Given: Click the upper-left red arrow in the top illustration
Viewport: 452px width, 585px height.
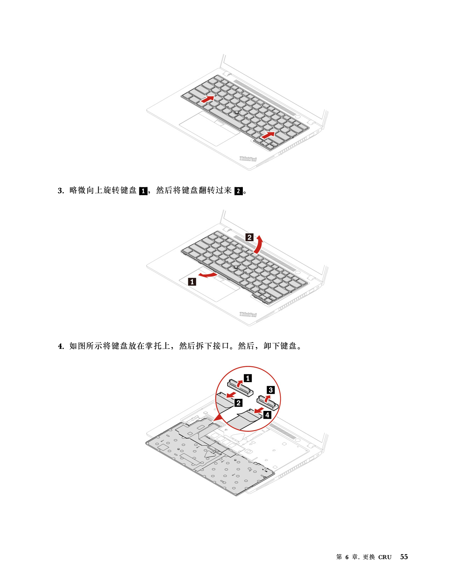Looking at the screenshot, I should point(207,99).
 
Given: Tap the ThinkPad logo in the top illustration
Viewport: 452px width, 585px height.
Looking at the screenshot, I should point(248,159).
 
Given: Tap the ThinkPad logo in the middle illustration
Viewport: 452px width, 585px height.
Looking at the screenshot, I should point(248,314).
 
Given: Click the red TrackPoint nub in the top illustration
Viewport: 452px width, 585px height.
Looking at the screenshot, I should point(236,112).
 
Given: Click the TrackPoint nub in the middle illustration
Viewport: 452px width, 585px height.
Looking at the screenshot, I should point(236,266).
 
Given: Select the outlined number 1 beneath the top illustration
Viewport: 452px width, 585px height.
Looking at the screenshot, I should point(143,191).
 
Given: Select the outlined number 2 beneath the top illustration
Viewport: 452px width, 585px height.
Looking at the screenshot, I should point(239,191).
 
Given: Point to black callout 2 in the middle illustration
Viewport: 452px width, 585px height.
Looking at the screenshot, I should point(250,237).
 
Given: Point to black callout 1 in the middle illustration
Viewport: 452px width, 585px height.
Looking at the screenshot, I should point(192,282).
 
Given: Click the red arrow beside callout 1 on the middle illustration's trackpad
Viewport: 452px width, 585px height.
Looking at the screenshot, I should point(208,275).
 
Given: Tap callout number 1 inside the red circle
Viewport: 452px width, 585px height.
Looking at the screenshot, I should point(248,378).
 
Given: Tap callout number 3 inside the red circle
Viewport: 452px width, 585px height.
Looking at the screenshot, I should point(270,390).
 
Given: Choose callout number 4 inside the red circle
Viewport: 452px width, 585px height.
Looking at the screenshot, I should point(267,415).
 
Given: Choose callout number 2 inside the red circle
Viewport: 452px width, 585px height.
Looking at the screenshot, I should point(239,403).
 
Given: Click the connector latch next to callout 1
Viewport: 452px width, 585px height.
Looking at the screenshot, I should point(240,388).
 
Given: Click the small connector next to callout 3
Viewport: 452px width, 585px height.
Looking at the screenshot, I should point(267,403).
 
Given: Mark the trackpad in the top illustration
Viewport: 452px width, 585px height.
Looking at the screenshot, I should point(209,129).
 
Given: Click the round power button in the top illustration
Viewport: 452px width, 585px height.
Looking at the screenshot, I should point(298,117).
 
